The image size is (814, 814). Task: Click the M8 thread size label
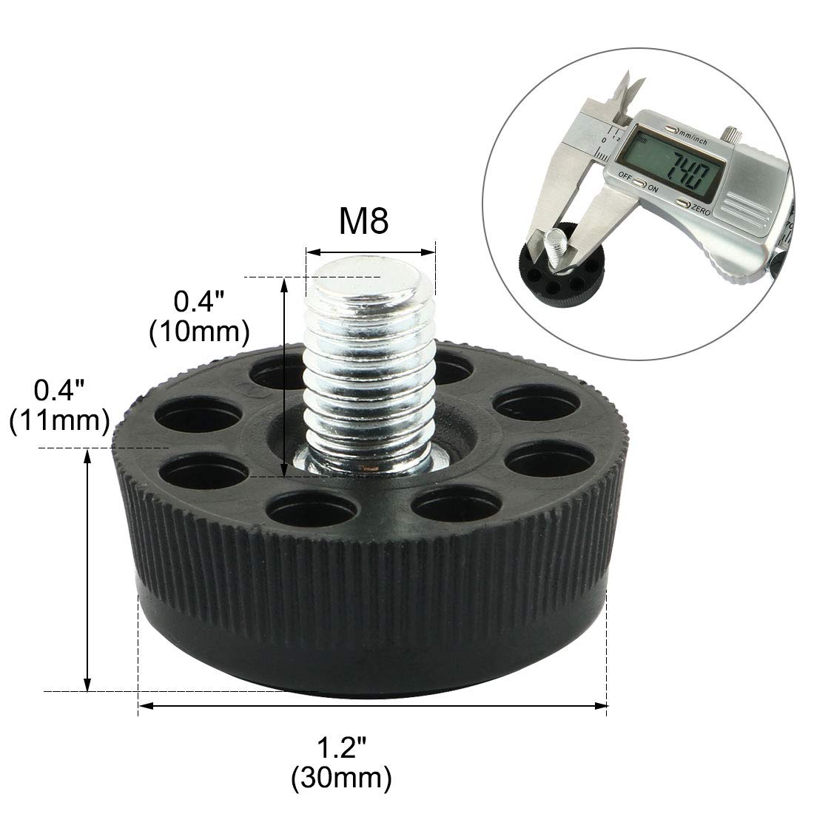tap(363, 221)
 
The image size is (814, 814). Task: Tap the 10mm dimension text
tap(199, 332)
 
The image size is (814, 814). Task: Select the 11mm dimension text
tap(59, 420)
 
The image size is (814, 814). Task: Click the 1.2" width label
tap(342, 748)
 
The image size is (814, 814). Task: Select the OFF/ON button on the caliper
tap(641, 184)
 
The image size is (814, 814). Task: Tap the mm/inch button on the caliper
tap(672, 128)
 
